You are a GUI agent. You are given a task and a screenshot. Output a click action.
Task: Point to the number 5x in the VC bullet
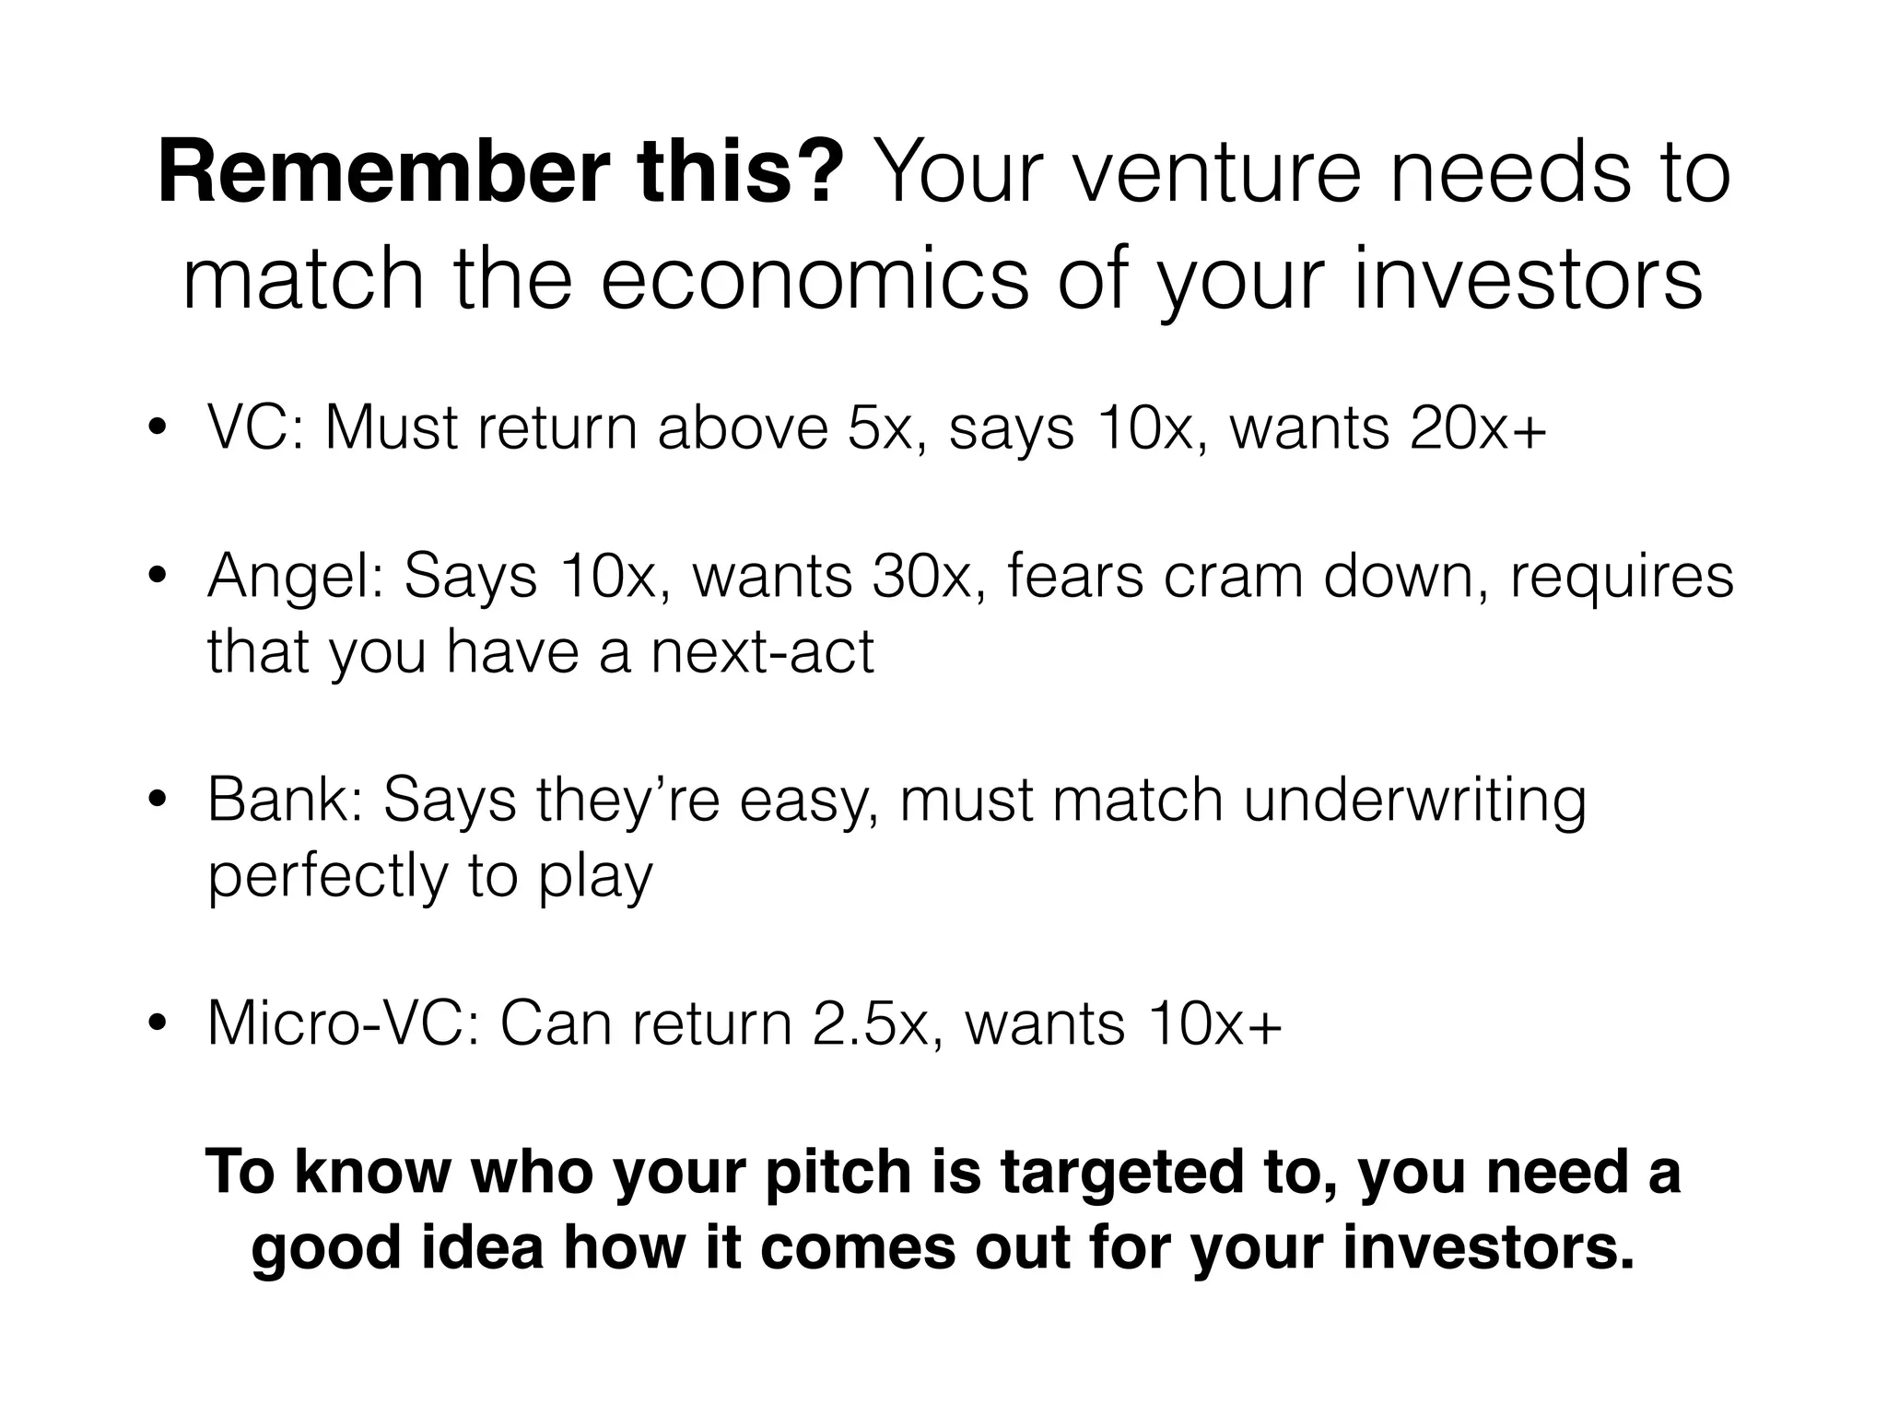click(885, 427)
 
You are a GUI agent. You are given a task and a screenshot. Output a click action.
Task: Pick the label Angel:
click(296, 577)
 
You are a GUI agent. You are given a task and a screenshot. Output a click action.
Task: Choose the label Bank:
click(286, 801)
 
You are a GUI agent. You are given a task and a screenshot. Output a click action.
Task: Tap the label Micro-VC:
click(345, 1023)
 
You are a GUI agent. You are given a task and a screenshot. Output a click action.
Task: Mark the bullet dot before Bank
click(158, 799)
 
